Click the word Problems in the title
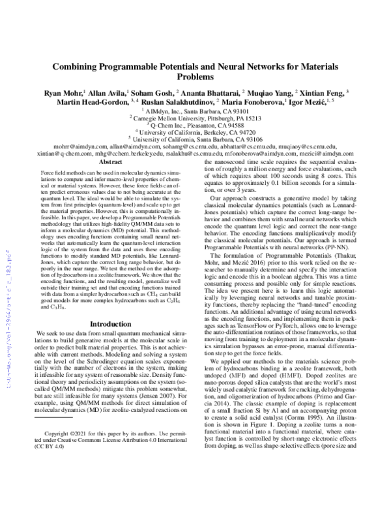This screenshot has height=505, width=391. pyautogui.click(x=195, y=75)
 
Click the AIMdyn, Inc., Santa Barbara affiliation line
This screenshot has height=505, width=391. pyautogui.click(x=195, y=112)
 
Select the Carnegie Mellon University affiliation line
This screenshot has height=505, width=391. pyautogui.click(x=195, y=119)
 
